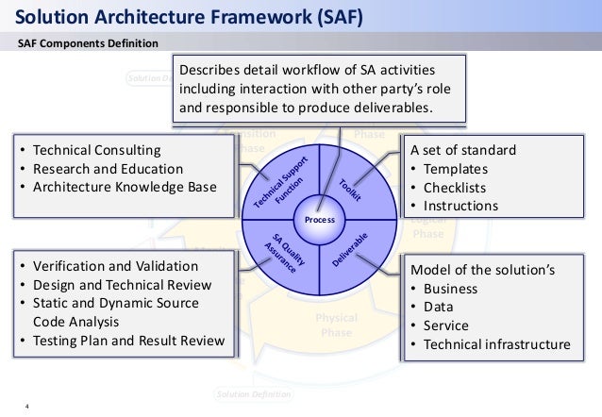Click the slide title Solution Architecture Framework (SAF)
(190, 16)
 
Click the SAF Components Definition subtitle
(90, 44)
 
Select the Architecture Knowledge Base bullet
(124, 187)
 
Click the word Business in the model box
(451, 288)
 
